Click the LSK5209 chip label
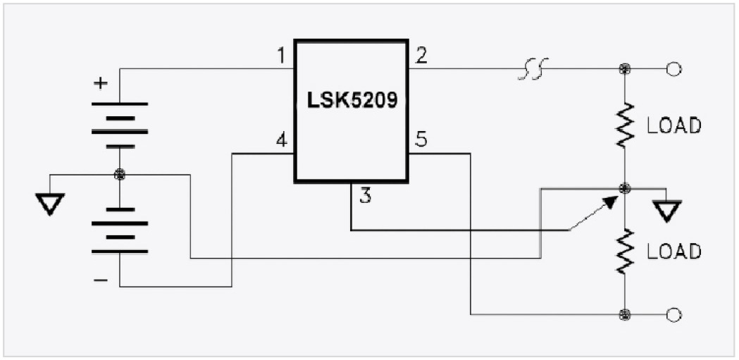[352, 101]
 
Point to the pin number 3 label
[365, 196]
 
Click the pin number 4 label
[282, 141]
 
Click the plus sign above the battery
[101, 84]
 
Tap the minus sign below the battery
[101, 280]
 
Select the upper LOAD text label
[674, 127]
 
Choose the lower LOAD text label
[674, 252]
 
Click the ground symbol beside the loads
[666, 210]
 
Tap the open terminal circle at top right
[673, 69]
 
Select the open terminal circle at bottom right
[673, 314]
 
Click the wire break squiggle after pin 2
[533, 69]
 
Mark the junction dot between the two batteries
[120, 174]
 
